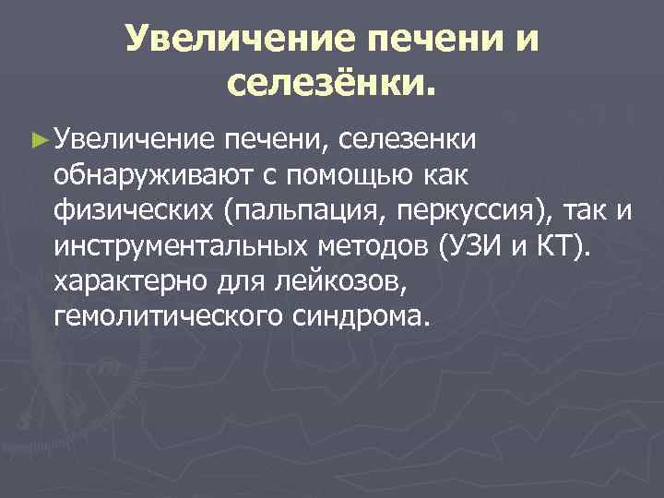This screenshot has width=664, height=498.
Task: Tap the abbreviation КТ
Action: click(x=567, y=247)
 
